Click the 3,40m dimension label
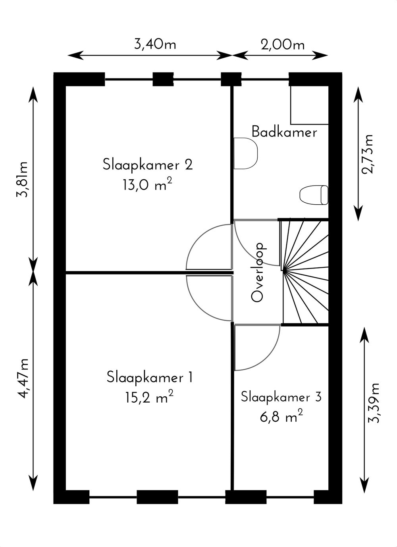click(x=155, y=45)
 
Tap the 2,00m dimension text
click(x=283, y=45)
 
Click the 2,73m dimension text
click(x=367, y=154)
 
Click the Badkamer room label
click(x=284, y=132)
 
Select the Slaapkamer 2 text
click(x=148, y=165)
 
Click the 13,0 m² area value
click(x=148, y=185)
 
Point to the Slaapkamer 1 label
click(x=149, y=377)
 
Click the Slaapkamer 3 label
click(x=281, y=397)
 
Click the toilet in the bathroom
click(x=314, y=195)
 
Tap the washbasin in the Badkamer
click(x=246, y=154)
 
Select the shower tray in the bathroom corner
click(x=309, y=105)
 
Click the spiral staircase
click(x=304, y=272)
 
